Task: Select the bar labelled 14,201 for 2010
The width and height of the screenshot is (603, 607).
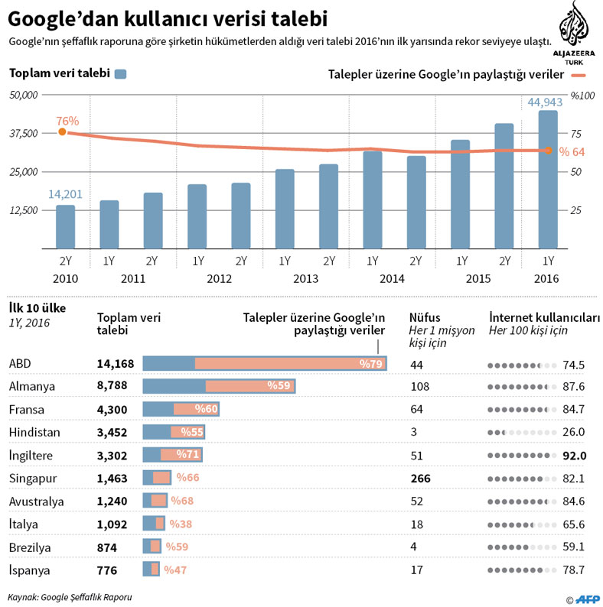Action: click(x=66, y=227)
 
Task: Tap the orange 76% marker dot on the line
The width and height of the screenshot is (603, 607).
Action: click(x=63, y=132)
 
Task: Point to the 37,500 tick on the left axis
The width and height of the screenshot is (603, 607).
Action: click(x=23, y=133)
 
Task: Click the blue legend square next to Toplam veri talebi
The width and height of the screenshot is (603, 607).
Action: click(x=120, y=74)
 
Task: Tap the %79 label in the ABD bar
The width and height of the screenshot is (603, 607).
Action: click(x=371, y=364)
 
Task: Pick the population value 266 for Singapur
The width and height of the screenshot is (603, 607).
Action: click(x=420, y=478)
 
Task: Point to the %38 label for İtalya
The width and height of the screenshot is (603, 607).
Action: click(x=180, y=524)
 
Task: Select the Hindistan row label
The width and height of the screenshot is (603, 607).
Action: click(x=34, y=432)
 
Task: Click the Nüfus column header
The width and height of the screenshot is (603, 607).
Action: click(x=425, y=317)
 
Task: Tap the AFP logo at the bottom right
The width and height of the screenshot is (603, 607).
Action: click(x=587, y=599)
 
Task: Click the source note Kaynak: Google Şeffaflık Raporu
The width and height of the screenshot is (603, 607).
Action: click(x=70, y=596)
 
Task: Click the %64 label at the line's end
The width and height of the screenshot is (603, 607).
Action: click(x=572, y=151)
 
